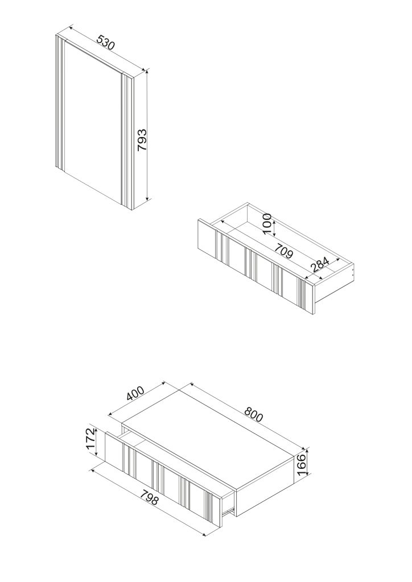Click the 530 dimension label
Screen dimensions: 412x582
point(106,43)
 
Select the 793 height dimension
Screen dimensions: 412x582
point(142,140)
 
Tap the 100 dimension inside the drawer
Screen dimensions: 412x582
point(267,223)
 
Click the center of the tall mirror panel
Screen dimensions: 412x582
point(93,123)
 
